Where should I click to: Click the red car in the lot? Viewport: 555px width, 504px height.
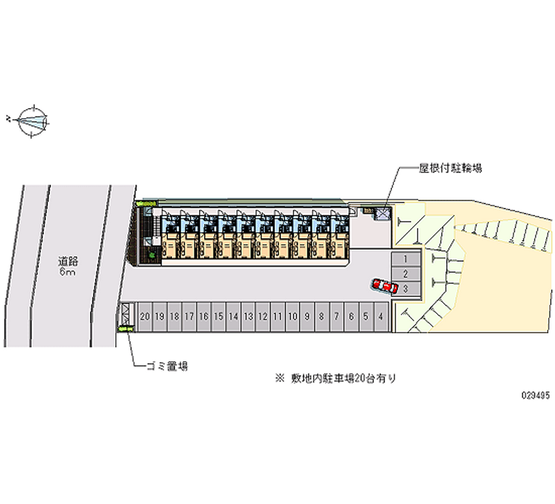pyautogui.click(x=384, y=286)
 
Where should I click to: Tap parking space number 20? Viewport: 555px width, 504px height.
pyautogui.click(x=145, y=316)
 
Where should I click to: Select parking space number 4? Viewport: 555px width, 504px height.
pyautogui.click(x=381, y=316)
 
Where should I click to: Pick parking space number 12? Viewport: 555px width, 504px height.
pyautogui.click(x=263, y=316)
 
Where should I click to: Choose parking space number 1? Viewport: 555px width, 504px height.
pyautogui.click(x=405, y=259)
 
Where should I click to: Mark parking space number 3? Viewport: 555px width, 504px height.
pyautogui.click(x=405, y=288)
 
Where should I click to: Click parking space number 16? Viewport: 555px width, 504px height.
pyautogui.click(x=204, y=316)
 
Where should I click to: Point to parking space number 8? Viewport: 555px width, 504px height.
pyautogui.click(x=322, y=316)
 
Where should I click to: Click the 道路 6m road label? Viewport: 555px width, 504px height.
pyautogui.click(x=67, y=266)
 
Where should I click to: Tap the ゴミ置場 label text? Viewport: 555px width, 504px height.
pyautogui.click(x=167, y=365)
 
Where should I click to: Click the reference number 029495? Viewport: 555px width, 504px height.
pyautogui.click(x=536, y=395)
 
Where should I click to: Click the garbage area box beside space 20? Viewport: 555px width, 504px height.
pyautogui.click(x=126, y=315)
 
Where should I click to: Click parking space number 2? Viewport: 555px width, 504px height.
pyautogui.click(x=405, y=274)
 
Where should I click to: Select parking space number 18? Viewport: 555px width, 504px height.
pyautogui.click(x=175, y=316)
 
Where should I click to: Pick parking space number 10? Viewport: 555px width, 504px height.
pyautogui.click(x=292, y=316)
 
